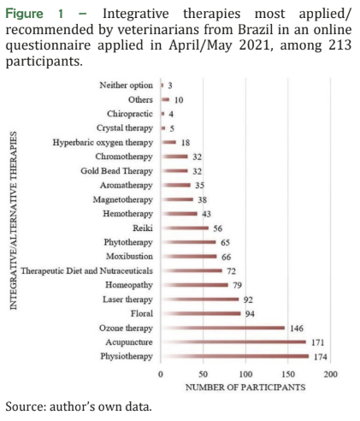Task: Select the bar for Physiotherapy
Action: [235, 356]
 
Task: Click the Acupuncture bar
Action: [233, 342]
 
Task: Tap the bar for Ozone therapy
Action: [223, 328]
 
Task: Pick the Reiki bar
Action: [185, 228]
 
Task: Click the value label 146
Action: [297, 329]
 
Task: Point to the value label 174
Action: [321, 357]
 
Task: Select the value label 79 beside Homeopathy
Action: [237, 285]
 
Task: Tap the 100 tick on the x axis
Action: [245, 374]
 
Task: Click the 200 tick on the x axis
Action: [330, 374]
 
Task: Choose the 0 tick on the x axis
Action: [161, 374]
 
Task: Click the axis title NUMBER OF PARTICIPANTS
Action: [245, 388]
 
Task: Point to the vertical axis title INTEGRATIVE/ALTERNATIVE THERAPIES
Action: [14, 221]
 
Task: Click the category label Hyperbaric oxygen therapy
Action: [103, 142]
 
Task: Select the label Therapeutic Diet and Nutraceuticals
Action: [86, 270]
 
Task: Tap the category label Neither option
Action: [126, 86]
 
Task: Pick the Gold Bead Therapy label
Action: [116, 171]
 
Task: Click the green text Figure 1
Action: [34, 14]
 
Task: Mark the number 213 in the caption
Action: [339, 45]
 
